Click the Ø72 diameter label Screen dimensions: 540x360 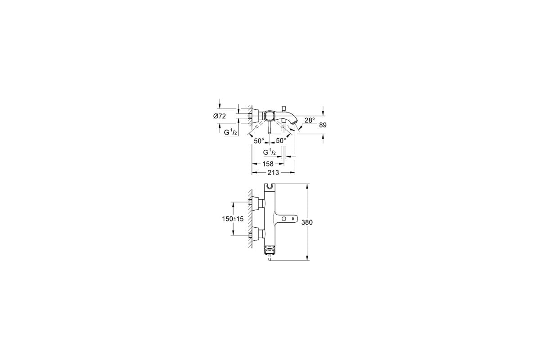coord(220,116)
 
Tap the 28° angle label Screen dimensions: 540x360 coord(310,120)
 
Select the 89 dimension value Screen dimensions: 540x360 coord(323,125)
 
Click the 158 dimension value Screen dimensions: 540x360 coord(268,164)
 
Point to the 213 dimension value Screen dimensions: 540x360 coord(274,173)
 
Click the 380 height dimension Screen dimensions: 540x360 coord(307,222)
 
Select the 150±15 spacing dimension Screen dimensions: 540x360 coord(233,219)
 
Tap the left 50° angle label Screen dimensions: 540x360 coord(259,141)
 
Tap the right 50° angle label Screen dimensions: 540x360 coord(281,140)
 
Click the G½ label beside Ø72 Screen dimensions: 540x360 coord(230,132)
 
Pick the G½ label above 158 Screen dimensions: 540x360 coord(270,152)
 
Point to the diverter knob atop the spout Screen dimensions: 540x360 coord(283,108)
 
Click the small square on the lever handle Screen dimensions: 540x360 coord(284,219)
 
